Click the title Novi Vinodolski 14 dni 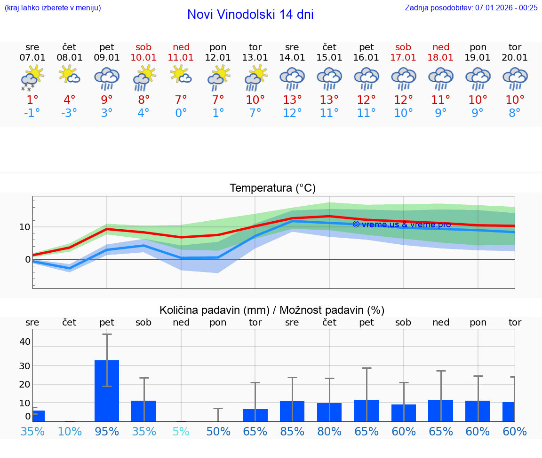point(250,15)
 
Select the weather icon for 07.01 point(32,78)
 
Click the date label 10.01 point(144,58)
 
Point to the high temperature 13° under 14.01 point(292,100)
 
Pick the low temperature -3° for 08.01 point(69,113)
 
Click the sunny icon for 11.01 point(181,75)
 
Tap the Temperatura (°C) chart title point(272,188)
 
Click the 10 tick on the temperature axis point(24,227)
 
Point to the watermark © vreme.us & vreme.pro point(401,225)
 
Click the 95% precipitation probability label point(107,431)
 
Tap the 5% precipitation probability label point(181,431)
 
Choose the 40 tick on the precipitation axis point(24,342)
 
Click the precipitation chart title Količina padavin point(272,310)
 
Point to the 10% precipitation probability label point(70,431)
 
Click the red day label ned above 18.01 point(441,47)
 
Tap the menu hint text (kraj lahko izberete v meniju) point(53,8)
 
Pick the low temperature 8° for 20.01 point(515,113)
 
